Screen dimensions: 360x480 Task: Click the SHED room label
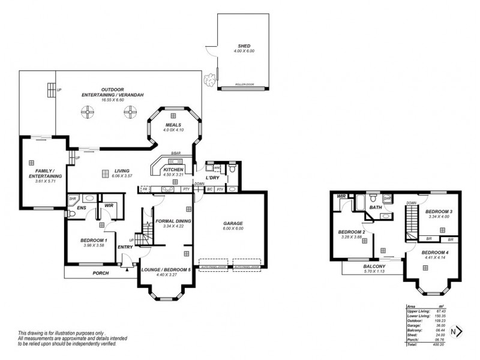[x=244, y=46]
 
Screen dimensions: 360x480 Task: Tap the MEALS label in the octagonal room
[x=173, y=125]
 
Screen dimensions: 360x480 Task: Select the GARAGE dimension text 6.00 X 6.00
[x=233, y=229]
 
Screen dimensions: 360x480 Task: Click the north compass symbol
[x=457, y=331]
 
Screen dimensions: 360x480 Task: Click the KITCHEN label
[x=173, y=170]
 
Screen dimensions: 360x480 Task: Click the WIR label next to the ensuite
[x=109, y=205]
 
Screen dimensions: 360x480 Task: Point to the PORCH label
[x=101, y=273]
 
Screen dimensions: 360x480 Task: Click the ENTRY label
[x=125, y=247]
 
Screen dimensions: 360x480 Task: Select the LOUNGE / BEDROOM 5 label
[x=166, y=269]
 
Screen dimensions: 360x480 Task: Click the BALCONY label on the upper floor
[x=374, y=266]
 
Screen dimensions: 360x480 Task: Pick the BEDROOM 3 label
[x=439, y=212]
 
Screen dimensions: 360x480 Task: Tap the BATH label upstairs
[x=376, y=208]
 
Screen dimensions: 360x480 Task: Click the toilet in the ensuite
[x=72, y=212]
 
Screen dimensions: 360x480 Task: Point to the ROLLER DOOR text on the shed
[x=244, y=85]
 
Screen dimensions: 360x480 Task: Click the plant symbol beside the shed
[x=209, y=78]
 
